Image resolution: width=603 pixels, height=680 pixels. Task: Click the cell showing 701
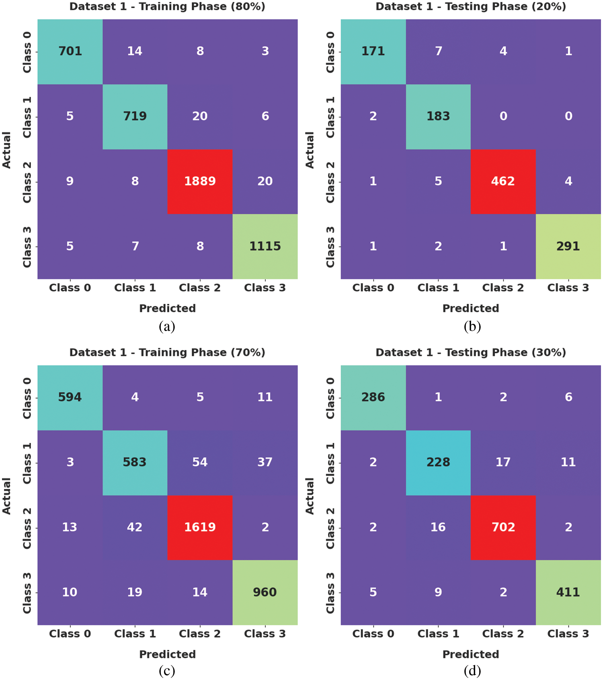pyautogui.click(x=70, y=51)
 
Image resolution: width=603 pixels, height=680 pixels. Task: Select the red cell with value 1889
pyautogui.click(x=200, y=181)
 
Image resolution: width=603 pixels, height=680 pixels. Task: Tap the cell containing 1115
pyautogui.click(x=265, y=246)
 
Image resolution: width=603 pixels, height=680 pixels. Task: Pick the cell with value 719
pyautogui.click(x=135, y=116)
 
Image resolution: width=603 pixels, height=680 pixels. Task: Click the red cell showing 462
pyautogui.click(x=503, y=181)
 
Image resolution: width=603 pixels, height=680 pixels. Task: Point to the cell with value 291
pyautogui.click(x=568, y=246)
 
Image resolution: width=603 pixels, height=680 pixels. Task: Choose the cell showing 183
pyautogui.click(x=438, y=116)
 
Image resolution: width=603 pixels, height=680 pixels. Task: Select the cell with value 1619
pyautogui.click(x=200, y=527)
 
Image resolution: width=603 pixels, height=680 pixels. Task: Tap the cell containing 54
pyautogui.click(x=200, y=462)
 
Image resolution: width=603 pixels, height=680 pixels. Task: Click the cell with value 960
pyautogui.click(x=265, y=592)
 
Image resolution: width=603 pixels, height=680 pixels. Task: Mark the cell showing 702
pyautogui.click(x=503, y=527)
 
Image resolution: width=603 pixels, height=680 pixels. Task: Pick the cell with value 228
pyautogui.click(x=438, y=462)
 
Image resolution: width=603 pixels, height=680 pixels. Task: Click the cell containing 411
pyautogui.click(x=568, y=592)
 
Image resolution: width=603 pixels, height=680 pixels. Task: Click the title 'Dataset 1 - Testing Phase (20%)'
pyautogui.click(x=471, y=6)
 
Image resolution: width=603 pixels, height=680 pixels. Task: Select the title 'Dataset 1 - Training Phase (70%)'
pyautogui.click(x=167, y=352)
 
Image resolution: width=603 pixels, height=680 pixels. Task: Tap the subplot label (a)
pyautogui.click(x=167, y=326)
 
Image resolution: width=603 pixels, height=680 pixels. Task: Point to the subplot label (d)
pyautogui.click(x=472, y=671)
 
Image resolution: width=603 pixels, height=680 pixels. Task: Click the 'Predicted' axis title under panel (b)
pyautogui.click(x=471, y=308)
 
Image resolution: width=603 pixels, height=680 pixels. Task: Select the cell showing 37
pyautogui.click(x=265, y=462)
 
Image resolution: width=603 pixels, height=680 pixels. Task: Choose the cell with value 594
pyautogui.click(x=70, y=397)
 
